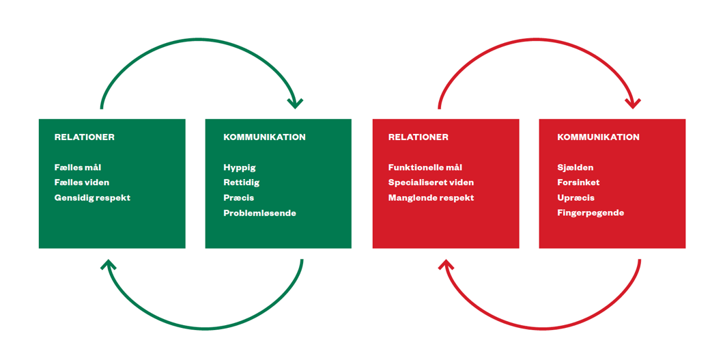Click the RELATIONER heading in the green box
85,137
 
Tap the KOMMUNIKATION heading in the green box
264,137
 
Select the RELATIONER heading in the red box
418,137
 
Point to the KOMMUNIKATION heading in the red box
598,137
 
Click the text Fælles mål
78,167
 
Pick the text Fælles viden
82,182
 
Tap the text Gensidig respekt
92,198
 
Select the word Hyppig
240,167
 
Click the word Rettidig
242,182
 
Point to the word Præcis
239,198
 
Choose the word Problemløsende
259,213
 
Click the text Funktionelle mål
425,167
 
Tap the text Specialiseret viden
431,182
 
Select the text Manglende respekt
431,198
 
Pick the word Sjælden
576,167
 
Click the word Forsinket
578,182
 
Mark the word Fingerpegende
591,213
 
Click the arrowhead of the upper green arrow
295,103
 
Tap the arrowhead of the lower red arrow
446,265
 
